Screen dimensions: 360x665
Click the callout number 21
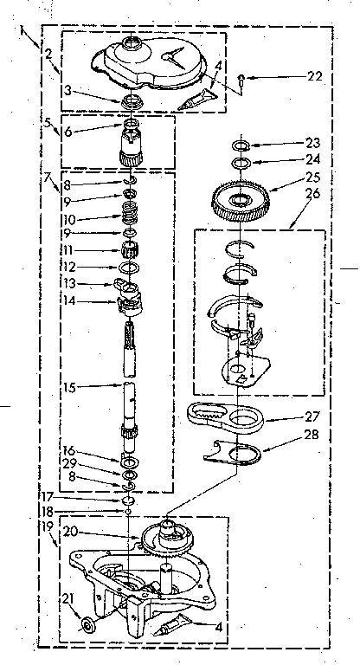68,600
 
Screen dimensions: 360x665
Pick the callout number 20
71,531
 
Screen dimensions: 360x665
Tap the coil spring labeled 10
129,212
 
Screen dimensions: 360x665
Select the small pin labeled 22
241,80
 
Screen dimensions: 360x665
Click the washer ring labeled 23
240,146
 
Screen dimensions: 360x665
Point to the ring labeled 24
240,163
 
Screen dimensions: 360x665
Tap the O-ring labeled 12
128,268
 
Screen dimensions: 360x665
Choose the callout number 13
69,284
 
